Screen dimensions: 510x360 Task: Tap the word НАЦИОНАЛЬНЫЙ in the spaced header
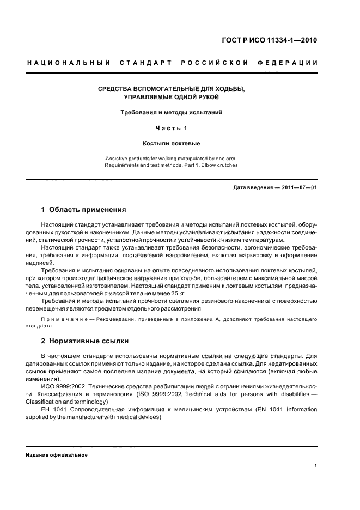[69, 63]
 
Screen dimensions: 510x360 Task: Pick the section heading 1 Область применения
[84, 209]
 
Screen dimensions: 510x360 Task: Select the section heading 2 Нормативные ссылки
[85, 341]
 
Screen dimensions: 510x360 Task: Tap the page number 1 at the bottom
[316, 466]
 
